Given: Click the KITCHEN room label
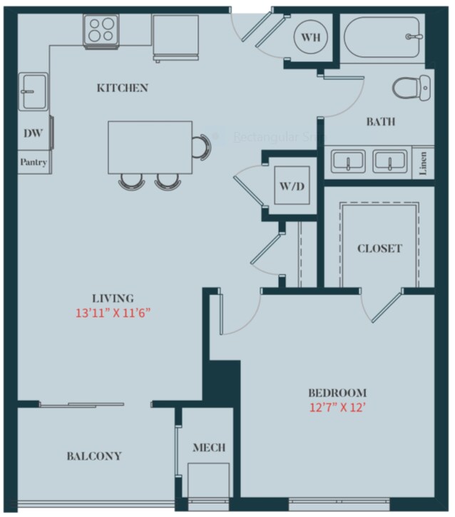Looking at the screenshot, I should click(x=123, y=88).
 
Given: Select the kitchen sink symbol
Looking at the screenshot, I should click(x=32, y=91).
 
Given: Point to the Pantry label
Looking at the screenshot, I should click(x=33, y=163).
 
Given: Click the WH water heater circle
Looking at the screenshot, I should click(x=310, y=36).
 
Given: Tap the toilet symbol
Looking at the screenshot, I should click(x=412, y=87).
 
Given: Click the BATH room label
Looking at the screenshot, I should click(x=380, y=122).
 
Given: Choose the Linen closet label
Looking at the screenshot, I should click(x=424, y=163).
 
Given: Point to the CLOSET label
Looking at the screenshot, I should click(x=379, y=249).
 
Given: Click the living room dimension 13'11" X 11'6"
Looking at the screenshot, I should click(x=113, y=312).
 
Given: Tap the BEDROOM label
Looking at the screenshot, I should click(x=337, y=393).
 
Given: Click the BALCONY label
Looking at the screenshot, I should click(x=94, y=456).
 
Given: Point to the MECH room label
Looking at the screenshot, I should click(x=209, y=448).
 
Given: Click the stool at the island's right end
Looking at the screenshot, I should click(x=203, y=146).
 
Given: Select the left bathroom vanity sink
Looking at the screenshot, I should click(x=347, y=161).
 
